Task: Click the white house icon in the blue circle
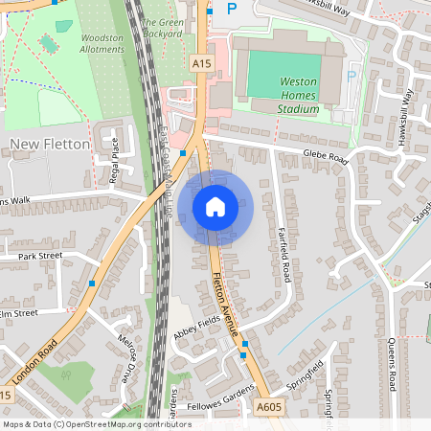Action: click(215, 206)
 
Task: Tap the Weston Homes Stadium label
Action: click(298, 96)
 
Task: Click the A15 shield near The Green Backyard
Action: click(200, 63)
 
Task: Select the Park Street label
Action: click(39, 256)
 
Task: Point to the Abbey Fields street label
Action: click(196, 329)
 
